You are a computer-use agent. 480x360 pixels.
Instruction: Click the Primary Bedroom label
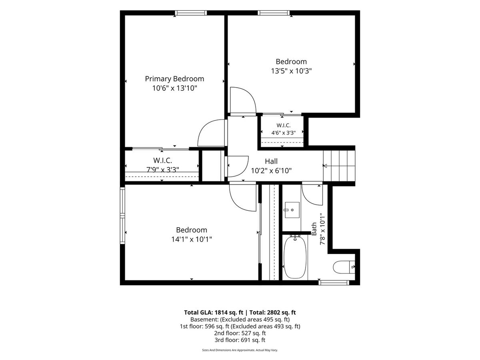(x=174, y=79)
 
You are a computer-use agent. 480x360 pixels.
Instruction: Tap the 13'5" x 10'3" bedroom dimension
(x=291, y=71)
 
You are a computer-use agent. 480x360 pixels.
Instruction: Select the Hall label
(x=271, y=161)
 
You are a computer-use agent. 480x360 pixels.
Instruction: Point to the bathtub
(x=295, y=258)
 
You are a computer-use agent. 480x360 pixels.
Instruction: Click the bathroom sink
(x=292, y=210)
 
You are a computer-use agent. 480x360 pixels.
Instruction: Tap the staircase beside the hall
(x=339, y=166)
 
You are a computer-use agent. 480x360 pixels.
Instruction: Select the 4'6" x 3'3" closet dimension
(x=284, y=133)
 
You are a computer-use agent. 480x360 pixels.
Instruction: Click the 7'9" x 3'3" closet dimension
(x=162, y=170)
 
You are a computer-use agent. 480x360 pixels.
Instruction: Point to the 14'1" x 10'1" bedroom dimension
(x=192, y=239)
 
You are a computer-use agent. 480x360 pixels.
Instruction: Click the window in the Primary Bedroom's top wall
(x=191, y=13)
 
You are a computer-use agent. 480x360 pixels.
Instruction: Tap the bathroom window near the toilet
(x=334, y=283)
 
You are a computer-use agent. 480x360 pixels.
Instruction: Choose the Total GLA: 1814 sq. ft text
(x=214, y=312)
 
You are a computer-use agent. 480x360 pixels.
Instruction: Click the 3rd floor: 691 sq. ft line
(x=240, y=340)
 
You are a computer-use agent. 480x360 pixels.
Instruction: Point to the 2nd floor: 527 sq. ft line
(x=240, y=333)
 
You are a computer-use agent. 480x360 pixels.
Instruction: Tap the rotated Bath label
(x=314, y=229)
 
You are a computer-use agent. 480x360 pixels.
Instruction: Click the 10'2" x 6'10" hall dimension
(x=271, y=171)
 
